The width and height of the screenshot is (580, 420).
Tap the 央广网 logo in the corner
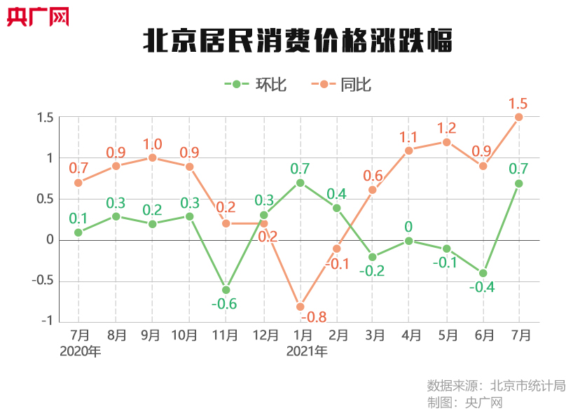click(x=38, y=17)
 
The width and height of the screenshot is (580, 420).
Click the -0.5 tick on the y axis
click(x=43, y=281)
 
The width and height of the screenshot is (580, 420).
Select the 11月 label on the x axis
click(x=226, y=335)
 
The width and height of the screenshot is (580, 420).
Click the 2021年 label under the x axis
click(x=307, y=351)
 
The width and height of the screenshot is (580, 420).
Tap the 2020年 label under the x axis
click(x=81, y=351)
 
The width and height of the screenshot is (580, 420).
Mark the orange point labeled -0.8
click(x=300, y=307)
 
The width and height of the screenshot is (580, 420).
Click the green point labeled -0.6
click(x=226, y=290)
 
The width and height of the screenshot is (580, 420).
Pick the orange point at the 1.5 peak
click(x=519, y=117)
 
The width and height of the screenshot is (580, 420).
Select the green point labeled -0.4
click(x=483, y=273)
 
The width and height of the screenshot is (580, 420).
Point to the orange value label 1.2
click(x=446, y=128)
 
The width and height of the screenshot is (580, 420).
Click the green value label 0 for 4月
click(x=409, y=226)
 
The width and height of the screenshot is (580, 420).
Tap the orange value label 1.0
click(x=152, y=144)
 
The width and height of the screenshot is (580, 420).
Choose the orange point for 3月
click(x=373, y=190)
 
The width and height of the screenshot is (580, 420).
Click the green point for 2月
click(x=336, y=208)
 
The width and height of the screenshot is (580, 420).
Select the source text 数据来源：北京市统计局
click(x=496, y=386)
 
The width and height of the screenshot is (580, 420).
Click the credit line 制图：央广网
click(x=464, y=402)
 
